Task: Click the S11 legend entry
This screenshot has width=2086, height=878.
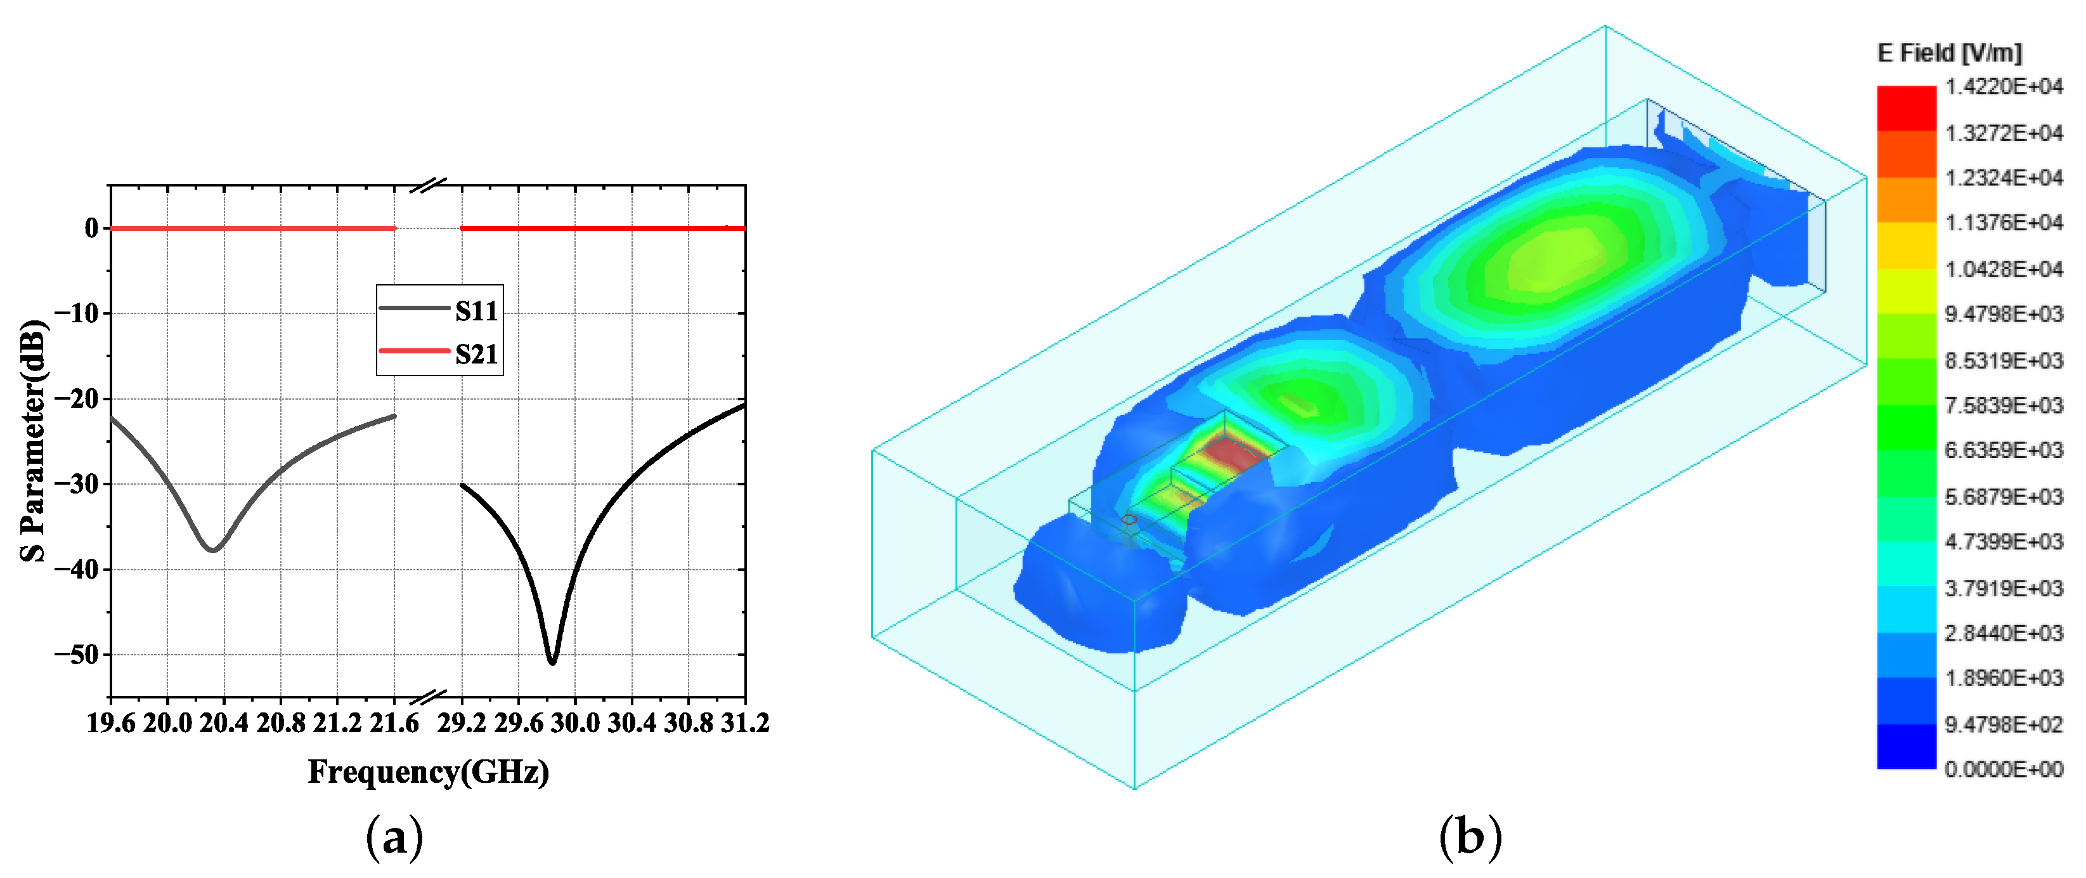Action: tap(439, 310)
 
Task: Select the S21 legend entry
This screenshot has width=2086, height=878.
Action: tap(439, 354)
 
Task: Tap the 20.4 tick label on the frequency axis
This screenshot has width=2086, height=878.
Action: tap(224, 723)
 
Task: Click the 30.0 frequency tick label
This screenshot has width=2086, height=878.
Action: tap(575, 723)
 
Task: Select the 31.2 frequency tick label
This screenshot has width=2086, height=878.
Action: tap(745, 723)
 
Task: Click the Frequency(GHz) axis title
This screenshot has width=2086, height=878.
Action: tap(429, 772)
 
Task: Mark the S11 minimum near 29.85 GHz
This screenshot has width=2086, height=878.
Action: tap(552, 662)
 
